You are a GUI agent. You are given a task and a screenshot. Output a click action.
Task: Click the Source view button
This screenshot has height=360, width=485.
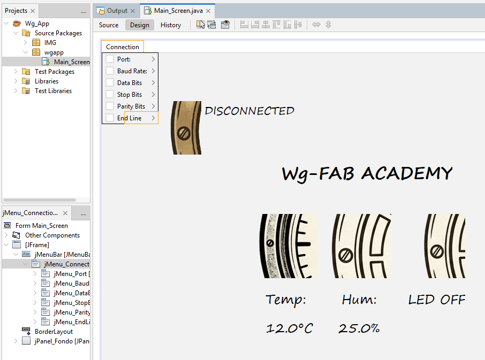click(x=109, y=25)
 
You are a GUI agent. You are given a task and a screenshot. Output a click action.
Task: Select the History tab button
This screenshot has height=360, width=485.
click(x=171, y=25)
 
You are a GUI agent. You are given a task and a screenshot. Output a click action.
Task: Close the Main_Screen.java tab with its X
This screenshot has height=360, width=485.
click(x=208, y=11)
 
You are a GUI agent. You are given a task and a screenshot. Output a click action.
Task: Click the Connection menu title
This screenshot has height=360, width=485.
click(x=123, y=47)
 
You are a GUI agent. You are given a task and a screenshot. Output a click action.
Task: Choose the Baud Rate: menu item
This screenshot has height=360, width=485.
click(x=132, y=71)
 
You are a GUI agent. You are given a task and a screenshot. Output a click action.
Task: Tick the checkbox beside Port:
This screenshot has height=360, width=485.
click(x=110, y=59)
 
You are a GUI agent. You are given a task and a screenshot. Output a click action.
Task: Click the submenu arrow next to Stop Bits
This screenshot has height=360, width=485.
click(x=153, y=95)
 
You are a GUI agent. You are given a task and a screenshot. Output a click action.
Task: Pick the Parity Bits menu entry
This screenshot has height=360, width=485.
click(x=131, y=106)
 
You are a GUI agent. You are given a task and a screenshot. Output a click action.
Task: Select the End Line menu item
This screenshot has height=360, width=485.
click(x=130, y=118)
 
